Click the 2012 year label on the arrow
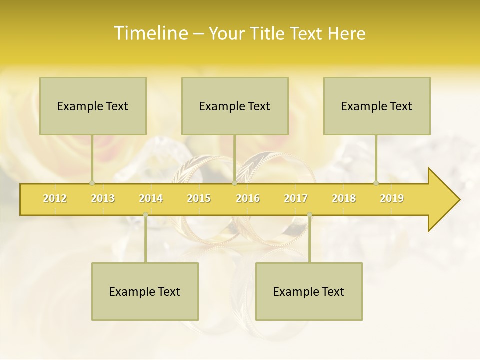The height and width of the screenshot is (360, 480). click(x=55, y=198)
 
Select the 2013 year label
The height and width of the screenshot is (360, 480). click(x=103, y=198)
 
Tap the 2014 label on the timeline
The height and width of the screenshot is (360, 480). click(x=151, y=198)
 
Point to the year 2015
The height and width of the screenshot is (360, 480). click(x=199, y=198)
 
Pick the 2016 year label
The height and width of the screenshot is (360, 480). click(x=248, y=198)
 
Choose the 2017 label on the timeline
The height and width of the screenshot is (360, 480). click(x=296, y=198)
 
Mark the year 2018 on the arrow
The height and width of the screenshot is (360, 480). click(x=344, y=198)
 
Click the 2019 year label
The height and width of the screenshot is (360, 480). click(x=392, y=198)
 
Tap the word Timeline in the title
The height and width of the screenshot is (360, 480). click(x=150, y=33)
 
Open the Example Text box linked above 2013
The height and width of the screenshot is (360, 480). click(x=93, y=106)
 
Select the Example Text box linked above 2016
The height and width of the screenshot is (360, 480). click(x=235, y=106)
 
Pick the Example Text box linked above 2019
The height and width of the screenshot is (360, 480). click(x=377, y=106)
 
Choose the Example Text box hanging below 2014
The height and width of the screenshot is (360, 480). click(x=145, y=291)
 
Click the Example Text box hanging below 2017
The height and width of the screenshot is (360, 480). click(x=309, y=291)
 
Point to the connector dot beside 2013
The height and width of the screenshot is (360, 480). click(x=92, y=183)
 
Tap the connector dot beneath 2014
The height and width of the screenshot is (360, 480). click(x=145, y=215)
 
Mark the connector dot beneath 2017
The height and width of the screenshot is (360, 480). click(x=309, y=215)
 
